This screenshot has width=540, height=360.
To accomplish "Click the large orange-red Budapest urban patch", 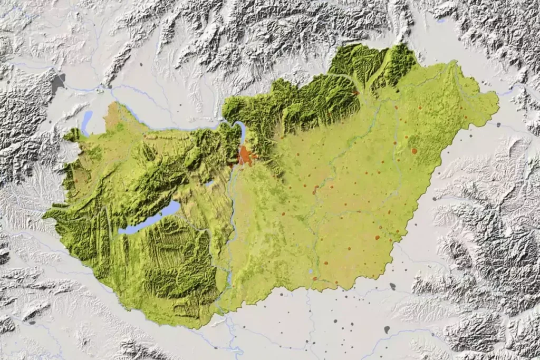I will click(244, 155).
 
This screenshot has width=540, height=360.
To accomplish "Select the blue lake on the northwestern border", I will click(86, 122).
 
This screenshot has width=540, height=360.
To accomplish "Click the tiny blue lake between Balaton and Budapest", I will click(210, 183).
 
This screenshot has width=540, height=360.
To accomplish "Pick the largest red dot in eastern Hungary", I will click(414, 151).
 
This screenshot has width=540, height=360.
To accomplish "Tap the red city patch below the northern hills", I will click(356, 93).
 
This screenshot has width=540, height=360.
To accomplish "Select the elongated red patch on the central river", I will click(315, 189).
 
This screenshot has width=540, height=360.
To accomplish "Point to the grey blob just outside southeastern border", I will click(392, 286).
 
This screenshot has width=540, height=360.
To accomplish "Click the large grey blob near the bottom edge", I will click(387, 329).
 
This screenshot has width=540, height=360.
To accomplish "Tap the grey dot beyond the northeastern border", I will click(498, 125).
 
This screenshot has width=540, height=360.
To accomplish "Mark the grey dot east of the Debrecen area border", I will click(433, 199).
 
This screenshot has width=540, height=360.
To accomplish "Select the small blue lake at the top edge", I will click(441, 21).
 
